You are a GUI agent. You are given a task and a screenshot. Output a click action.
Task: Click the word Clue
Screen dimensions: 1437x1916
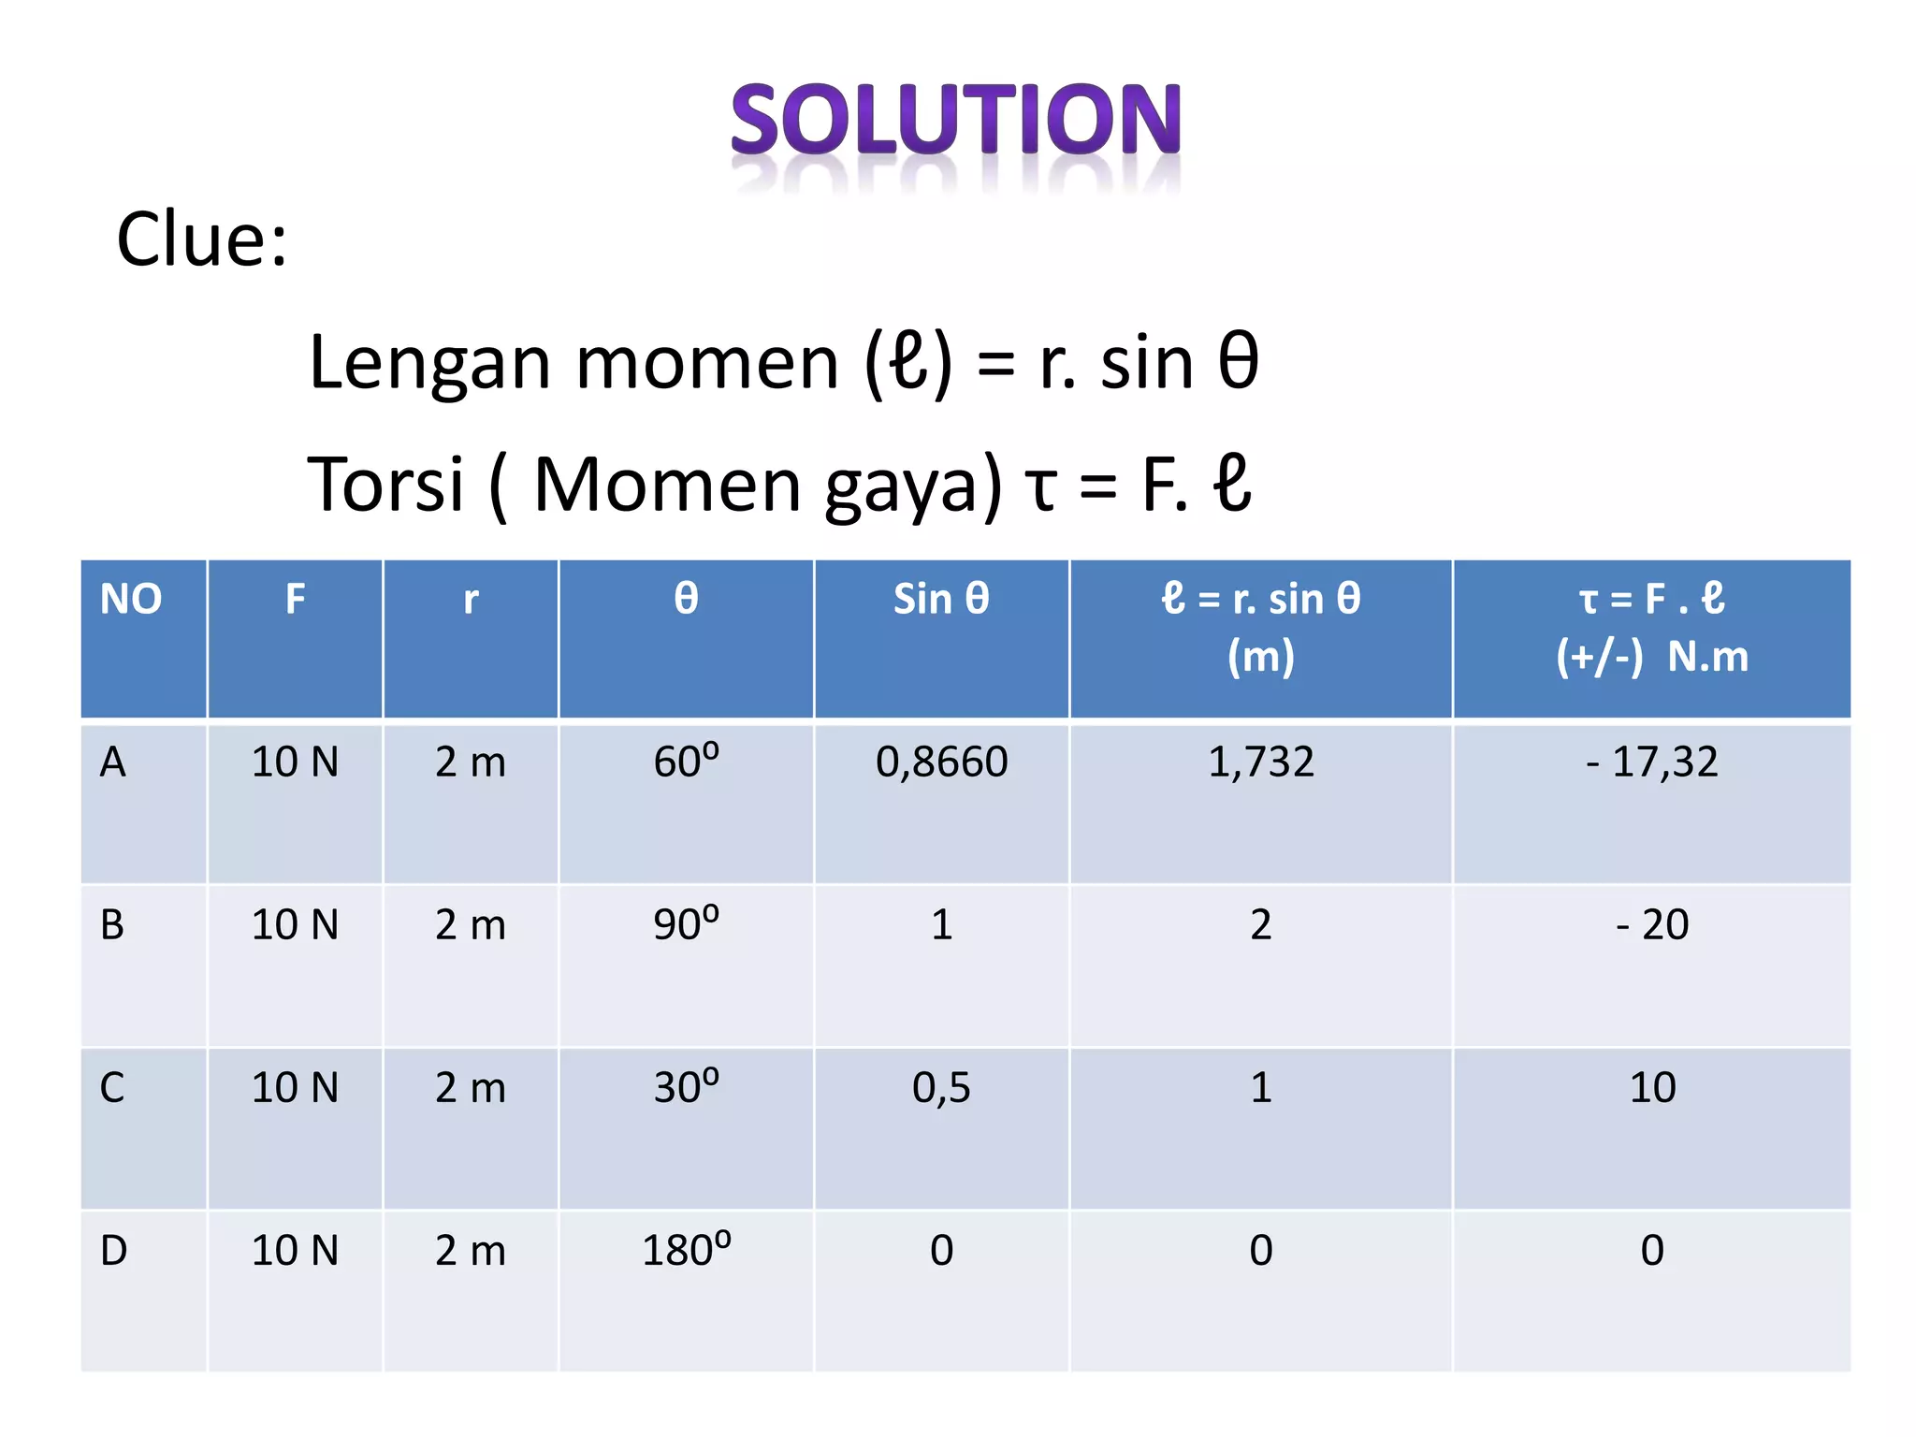coord(201,239)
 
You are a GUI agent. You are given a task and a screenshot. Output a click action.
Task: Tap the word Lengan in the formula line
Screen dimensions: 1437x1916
coord(429,363)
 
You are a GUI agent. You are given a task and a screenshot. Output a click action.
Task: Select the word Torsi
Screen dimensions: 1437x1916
coord(385,485)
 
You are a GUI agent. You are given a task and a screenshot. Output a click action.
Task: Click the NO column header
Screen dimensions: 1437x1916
coord(131,599)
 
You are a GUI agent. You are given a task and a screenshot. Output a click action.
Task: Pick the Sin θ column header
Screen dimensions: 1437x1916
coord(941,599)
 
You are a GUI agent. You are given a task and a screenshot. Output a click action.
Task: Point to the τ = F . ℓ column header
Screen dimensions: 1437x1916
coord(1651,599)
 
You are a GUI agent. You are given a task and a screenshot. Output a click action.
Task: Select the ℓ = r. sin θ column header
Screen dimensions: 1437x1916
coord(1260,599)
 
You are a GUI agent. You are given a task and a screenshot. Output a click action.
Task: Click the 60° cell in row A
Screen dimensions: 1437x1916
coord(686,761)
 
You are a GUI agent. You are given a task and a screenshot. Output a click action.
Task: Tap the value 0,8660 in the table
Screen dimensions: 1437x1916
coord(941,762)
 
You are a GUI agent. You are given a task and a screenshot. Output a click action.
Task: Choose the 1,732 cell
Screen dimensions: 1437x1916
coord(1260,762)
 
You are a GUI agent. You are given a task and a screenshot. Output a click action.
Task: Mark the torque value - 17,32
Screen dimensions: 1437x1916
coord(1651,762)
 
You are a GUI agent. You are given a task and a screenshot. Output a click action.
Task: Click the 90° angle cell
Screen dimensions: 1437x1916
coord(686,923)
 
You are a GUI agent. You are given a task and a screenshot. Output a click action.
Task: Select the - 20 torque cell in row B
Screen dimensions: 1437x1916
coord(1651,924)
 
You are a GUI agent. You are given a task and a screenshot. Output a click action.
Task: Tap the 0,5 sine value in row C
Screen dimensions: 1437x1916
coord(941,1087)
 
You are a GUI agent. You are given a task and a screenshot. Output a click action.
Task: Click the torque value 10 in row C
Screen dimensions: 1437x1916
coord(1652,1087)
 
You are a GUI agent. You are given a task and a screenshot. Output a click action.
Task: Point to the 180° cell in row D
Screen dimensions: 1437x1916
coord(686,1250)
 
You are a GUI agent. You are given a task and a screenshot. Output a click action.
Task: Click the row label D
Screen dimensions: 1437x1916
coord(113,1250)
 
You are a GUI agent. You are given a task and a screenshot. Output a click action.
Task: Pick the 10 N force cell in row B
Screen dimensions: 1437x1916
coord(295,924)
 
